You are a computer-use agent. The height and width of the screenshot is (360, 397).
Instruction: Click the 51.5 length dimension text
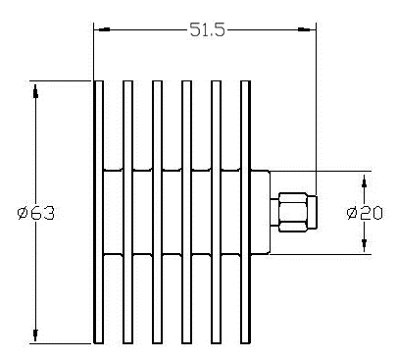[208, 30]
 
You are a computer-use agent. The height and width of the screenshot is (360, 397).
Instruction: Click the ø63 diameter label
[36, 213]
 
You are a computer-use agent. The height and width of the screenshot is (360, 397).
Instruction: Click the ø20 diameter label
[365, 213]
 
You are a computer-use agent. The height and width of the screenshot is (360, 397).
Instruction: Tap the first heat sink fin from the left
[98, 212]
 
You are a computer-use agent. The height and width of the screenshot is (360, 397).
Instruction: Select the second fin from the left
[127, 212]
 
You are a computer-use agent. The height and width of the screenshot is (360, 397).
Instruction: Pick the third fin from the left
[157, 212]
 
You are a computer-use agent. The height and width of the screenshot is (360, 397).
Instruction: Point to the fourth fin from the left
[186, 212]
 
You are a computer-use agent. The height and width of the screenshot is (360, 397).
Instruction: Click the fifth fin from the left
[216, 212]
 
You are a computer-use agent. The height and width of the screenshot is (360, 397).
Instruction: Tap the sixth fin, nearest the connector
[245, 212]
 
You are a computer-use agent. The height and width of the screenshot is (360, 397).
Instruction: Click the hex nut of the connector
[293, 212]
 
